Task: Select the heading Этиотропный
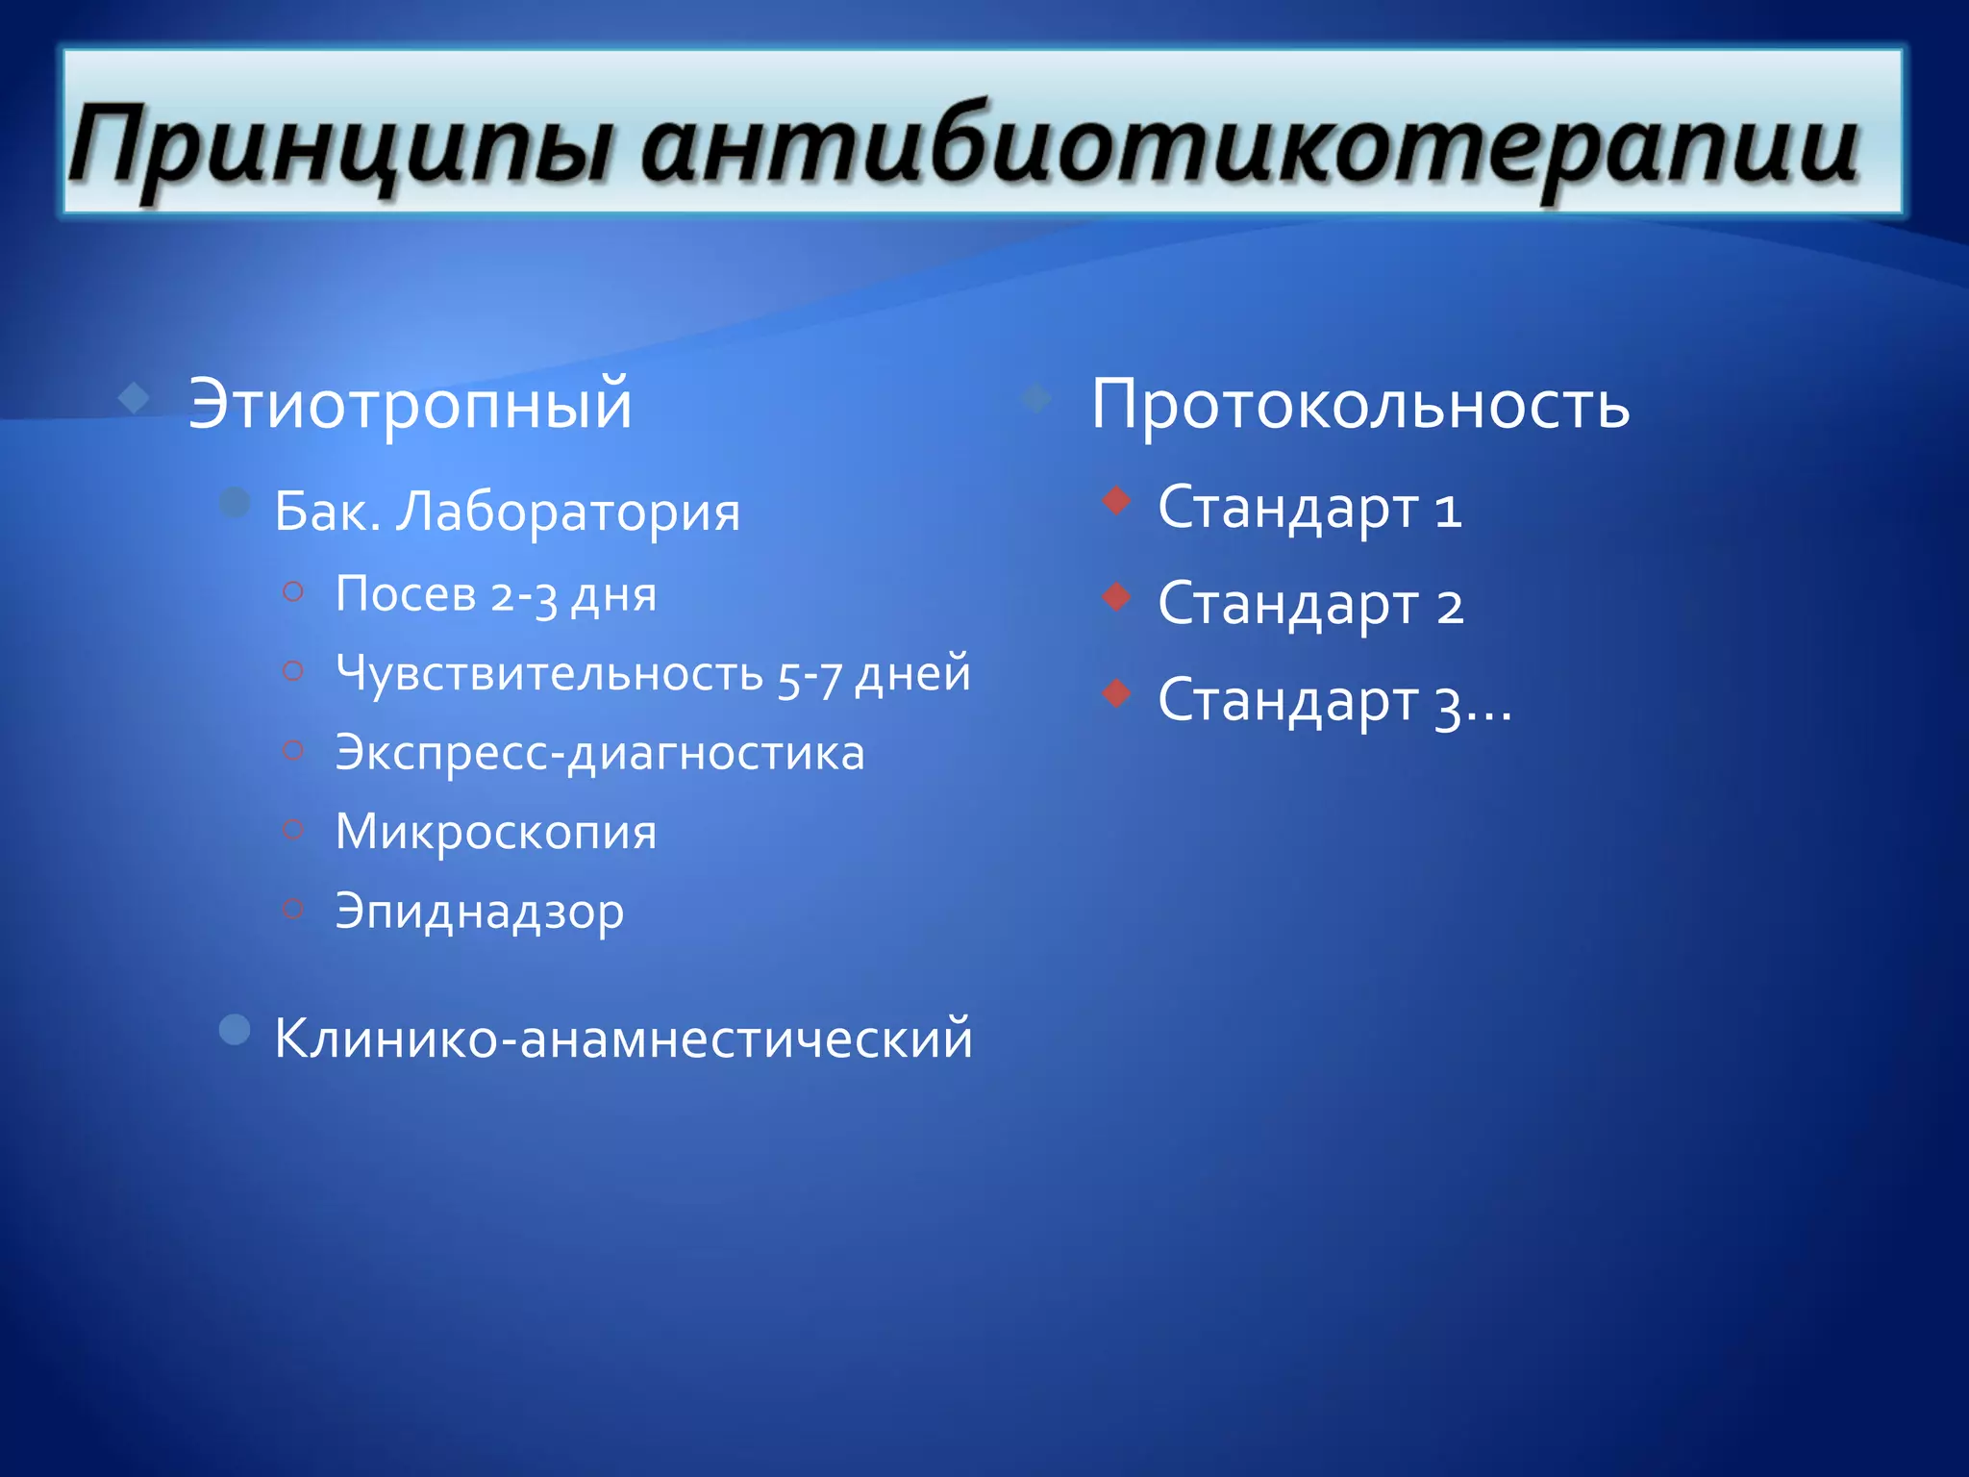(410, 404)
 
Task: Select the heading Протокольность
(1359, 404)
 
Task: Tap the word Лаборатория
(568, 512)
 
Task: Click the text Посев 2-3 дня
(495, 594)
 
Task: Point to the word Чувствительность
(549, 673)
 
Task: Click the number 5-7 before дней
(810, 676)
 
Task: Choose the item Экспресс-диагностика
(599, 752)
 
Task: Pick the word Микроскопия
(495, 831)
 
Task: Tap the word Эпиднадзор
(479, 912)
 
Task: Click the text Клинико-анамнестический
(623, 1039)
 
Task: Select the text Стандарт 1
(1309, 508)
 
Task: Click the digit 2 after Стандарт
(1450, 606)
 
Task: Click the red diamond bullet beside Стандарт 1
(1116, 500)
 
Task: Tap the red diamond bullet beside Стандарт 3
(1116, 692)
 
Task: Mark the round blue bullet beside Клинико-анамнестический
(235, 1030)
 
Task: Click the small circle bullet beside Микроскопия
(293, 827)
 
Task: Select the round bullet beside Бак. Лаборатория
(235, 502)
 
